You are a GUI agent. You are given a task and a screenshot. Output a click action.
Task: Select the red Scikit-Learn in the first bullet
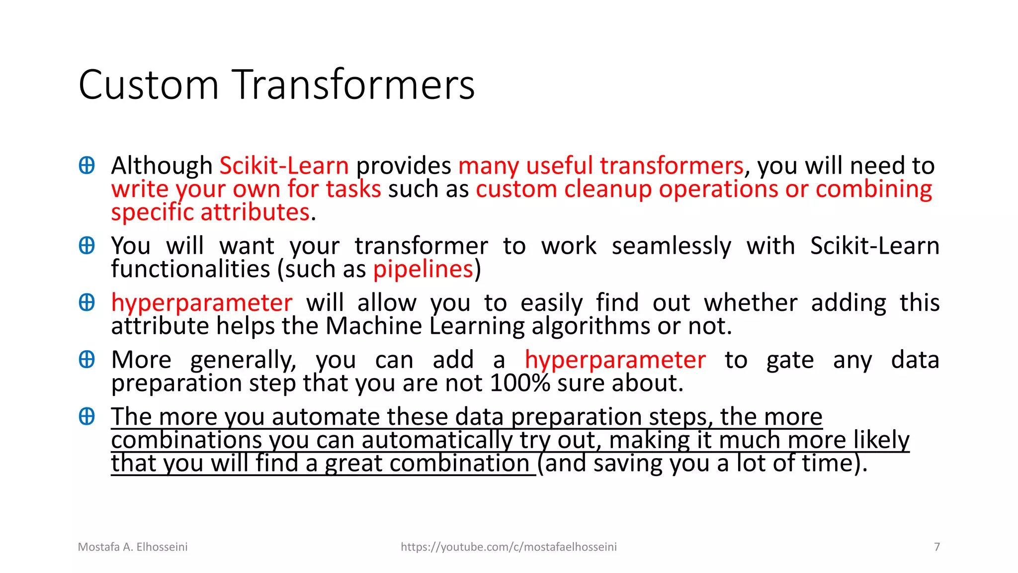tap(284, 166)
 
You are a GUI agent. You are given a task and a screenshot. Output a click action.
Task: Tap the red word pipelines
tap(423, 269)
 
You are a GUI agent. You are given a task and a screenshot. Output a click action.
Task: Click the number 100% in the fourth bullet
tap(520, 383)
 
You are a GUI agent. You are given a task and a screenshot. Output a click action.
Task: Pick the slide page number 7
tap(937, 547)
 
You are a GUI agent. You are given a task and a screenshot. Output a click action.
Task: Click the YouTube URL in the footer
tap(509, 547)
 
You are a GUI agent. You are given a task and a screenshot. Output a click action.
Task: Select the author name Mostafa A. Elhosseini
tap(133, 547)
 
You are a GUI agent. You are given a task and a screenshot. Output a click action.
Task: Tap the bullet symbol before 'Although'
tap(87, 166)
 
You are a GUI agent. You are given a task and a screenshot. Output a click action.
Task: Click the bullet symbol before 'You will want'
tap(87, 246)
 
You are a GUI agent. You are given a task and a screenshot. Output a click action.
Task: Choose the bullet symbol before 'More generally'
tap(87, 360)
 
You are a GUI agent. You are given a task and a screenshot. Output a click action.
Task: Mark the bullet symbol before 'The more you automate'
tap(87, 416)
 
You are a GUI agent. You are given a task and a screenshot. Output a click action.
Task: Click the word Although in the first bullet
tap(162, 166)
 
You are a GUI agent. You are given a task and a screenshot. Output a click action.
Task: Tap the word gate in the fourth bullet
tap(790, 360)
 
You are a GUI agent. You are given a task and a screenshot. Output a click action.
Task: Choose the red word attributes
tap(255, 212)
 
